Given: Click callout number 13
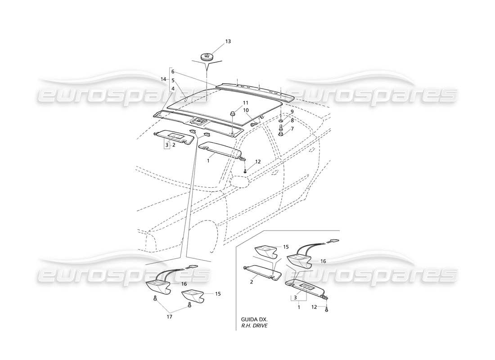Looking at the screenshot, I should (x=228, y=41).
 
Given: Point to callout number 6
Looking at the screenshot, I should (x=172, y=72).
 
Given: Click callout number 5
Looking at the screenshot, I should (x=172, y=80).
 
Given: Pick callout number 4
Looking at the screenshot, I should (x=172, y=88).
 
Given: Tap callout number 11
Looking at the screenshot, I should (x=234, y=103).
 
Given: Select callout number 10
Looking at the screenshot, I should (x=234, y=110).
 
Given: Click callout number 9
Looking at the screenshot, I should (x=292, y=112).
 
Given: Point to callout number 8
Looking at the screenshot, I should (x=292, y=121).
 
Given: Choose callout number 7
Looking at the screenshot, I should (x=292, y=129).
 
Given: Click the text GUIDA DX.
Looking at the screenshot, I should (x=254, y=319).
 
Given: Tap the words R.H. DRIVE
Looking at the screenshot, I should (x=254, y=325).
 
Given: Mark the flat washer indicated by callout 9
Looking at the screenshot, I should (x=281, y=122).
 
